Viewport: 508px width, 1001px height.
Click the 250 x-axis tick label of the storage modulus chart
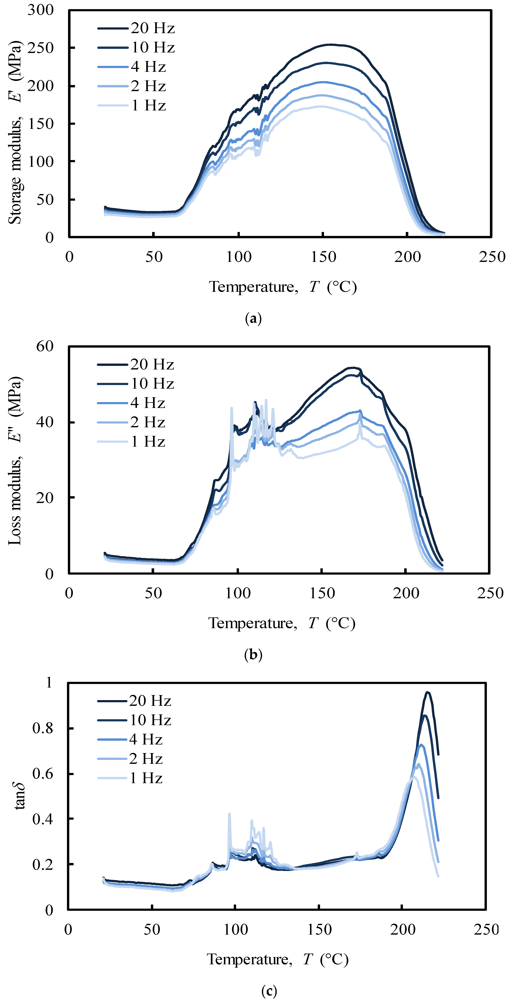[492, 257]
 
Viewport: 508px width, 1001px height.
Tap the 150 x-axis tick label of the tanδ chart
[319, 930]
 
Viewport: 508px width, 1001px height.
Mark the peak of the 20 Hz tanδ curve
[428, 692]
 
